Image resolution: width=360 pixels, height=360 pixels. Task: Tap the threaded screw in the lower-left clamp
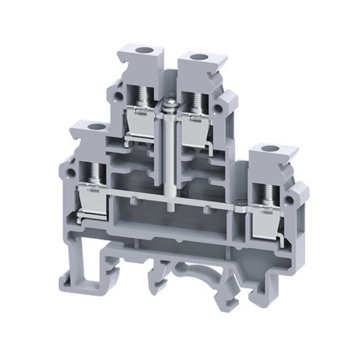click(x=94, y=169)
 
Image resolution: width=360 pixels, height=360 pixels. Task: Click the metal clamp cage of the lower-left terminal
click(x=91, y=200)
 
